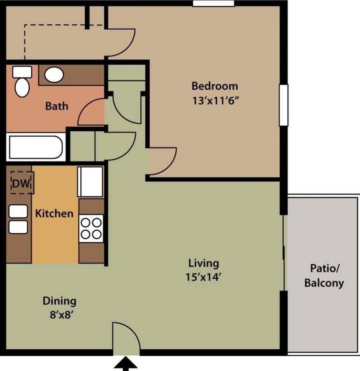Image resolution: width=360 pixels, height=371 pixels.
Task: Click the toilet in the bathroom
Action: click(x=22, y=81)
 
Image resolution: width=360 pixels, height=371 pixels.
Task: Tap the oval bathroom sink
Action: click(x=54, y=75)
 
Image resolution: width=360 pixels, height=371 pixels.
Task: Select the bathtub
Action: click(x=36, y=147)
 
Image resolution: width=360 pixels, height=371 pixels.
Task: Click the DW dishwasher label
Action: click(x=21, y=183)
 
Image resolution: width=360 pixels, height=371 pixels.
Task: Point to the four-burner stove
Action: click(x=91, y=228)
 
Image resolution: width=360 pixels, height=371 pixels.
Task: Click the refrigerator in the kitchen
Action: click(x=90, y=182)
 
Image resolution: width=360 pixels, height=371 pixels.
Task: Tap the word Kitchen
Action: click(x=54, y=214)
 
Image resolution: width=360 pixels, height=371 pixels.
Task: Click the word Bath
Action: click(x=56, y=106)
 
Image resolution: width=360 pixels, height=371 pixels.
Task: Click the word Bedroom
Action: click(x=215, y=86)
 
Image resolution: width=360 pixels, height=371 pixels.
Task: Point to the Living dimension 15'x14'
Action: click(x=203, y=277)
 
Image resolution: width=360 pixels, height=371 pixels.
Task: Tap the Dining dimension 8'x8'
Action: click(x=61, y=315)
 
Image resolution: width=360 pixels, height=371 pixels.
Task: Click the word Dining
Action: click(x=59, y=301)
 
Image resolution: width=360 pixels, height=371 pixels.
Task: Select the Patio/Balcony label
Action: click(x=324, y=276)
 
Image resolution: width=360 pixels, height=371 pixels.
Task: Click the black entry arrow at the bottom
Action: click(x=125, y=364)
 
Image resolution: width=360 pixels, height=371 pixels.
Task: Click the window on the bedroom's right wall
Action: click(x=284, y=105)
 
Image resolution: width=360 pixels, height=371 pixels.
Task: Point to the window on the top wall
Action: click(x=214, y=3)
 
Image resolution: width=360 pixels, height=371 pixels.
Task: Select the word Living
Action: click(x=204, y=263)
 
